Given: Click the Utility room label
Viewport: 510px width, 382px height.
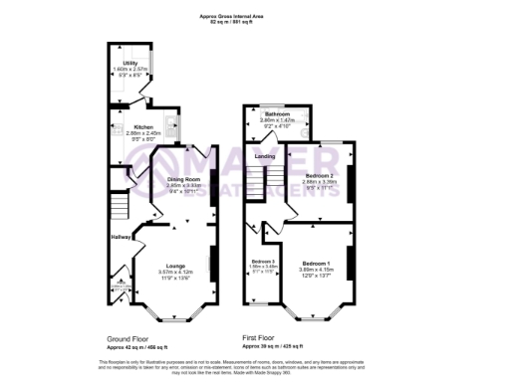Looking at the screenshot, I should point(129,63).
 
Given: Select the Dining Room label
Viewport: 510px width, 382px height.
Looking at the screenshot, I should point(183,179).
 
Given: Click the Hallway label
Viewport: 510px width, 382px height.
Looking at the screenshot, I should point(121,236).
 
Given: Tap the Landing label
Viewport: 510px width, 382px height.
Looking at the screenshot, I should point(265,156).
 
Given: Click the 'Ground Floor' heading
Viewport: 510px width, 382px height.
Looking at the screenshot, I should point(128,338).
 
